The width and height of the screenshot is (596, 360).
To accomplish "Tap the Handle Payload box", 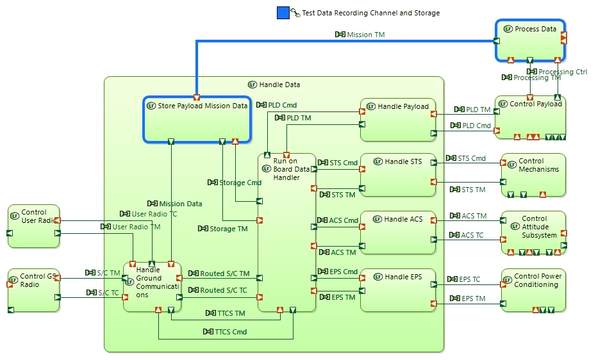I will pyautogui.click(x=397, y=120).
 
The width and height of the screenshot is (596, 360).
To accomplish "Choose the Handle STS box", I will pyautogui.click(x=397, y=175).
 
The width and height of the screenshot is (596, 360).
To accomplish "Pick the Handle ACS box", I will pyautogui.click(x=397, y=233).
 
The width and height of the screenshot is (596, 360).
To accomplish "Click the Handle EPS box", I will pyautogui.click(x=397, y=290).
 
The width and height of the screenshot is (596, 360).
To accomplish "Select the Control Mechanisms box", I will pyautogui.click(x=533, y=175).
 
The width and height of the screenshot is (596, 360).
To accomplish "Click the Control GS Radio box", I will pyautogui.click(x=33, y=290).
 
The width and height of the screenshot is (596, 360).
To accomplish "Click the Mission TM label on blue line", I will pyautogui.click(x=365, y=35).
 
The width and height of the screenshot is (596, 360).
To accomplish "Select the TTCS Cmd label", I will pyautogui.click(x=231, y=332).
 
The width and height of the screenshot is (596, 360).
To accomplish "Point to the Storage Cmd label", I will pyautogui.click(x=240, y=183).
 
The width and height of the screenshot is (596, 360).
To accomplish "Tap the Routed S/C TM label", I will pyautogui.click(x=221, y=274).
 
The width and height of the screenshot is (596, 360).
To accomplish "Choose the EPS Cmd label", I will pyautogui.click(x=344, y=272).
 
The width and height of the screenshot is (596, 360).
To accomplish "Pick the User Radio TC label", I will pyautogui.click(x=154, y=214).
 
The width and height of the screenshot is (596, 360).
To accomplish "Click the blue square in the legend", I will pyautogui.click(x=283, y=12).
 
